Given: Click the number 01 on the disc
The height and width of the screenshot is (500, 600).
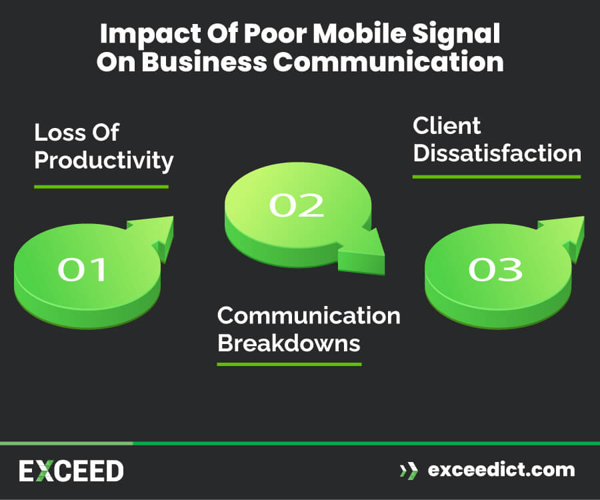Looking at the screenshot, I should pos(82,269).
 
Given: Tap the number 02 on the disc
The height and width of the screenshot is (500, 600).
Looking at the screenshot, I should pos(296,205).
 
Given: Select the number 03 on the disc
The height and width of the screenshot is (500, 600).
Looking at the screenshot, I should pos(495,269).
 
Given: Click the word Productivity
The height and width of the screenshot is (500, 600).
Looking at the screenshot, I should pos(103,161).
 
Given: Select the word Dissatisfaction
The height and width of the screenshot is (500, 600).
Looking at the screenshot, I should pos(497,153).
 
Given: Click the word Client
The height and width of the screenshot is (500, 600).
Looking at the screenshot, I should pos(447,125).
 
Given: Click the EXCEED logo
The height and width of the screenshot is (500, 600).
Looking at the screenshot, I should pos(71,471).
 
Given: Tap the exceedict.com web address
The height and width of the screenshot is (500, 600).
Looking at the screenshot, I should pos(501,469).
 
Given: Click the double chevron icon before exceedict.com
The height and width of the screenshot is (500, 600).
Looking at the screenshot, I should pos(407,470).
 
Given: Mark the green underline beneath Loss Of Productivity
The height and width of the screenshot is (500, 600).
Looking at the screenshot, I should pos(101,187).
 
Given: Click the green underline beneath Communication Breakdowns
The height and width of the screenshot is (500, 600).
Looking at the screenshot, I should pos(289,364).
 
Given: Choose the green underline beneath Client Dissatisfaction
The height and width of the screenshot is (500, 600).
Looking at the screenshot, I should pos(496,177).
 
